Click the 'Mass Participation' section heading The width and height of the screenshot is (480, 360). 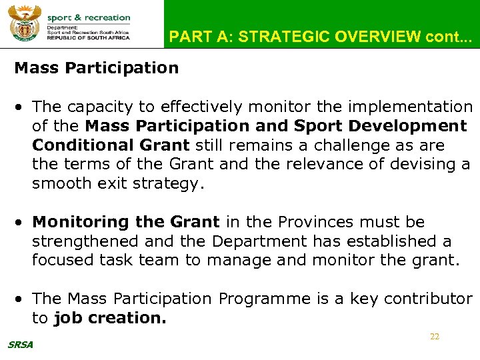[97, 68]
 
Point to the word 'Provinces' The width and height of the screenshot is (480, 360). [315, 222]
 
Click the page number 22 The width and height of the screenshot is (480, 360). [435, 337]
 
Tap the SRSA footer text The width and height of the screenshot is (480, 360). [20, 345]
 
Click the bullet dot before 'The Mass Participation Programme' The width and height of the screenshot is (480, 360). [22, 299]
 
